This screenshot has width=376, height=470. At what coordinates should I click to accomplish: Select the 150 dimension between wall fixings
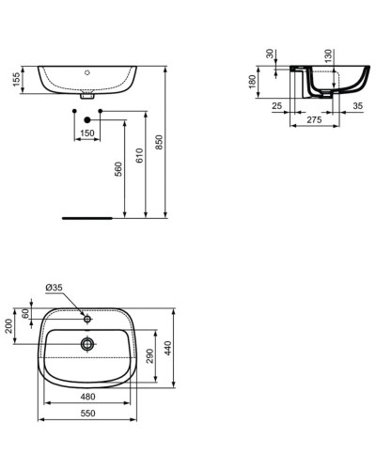(87, 133)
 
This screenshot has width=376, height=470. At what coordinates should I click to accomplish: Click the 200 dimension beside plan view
(8, 325)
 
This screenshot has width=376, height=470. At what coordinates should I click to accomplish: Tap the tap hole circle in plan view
(87, 320)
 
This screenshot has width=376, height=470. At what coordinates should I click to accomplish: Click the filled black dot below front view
(87, 118)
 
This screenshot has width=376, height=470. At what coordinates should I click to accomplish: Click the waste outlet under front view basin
(87, 94)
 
